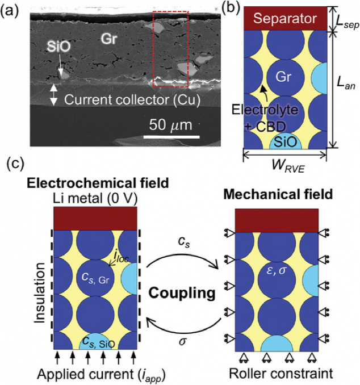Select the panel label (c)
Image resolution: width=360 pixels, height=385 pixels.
[12, 165]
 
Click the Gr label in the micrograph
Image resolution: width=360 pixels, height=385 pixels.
[109, 38]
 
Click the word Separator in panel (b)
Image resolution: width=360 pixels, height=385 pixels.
[284, 19]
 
